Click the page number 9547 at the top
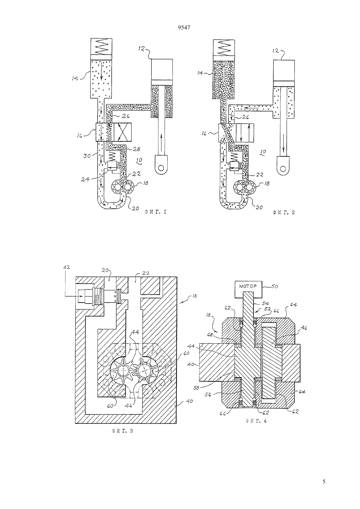184,28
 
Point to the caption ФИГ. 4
256,421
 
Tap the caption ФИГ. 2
284,213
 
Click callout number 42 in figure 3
66,267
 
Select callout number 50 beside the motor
275,287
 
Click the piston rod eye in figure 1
161,165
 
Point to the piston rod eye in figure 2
283,165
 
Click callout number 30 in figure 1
87,156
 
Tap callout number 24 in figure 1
85,180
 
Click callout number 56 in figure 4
208,395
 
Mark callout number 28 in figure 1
137,149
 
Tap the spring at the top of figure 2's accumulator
224,47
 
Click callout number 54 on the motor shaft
265,304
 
